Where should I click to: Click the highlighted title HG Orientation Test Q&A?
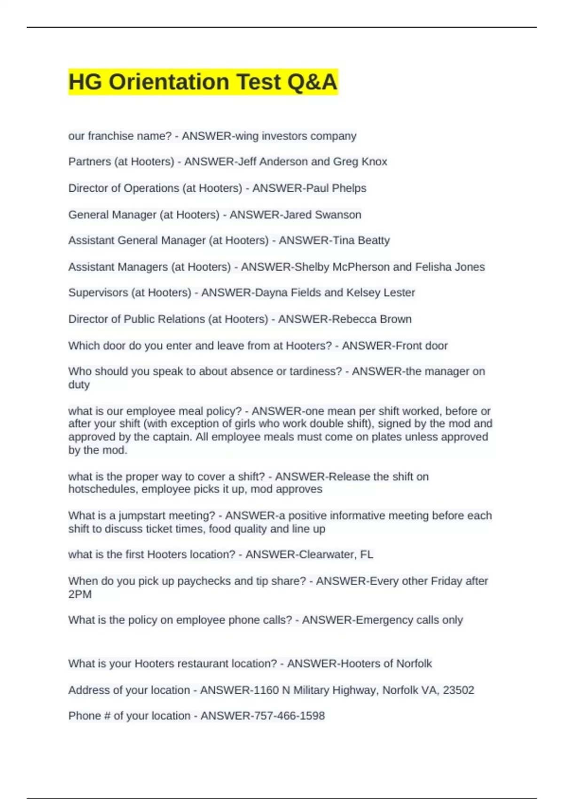pos(203,82)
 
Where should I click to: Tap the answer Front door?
pos(421,345)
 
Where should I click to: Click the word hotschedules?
pos(103,489)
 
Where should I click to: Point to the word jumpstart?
pos(141,516)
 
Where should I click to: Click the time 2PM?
pos(80,594)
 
